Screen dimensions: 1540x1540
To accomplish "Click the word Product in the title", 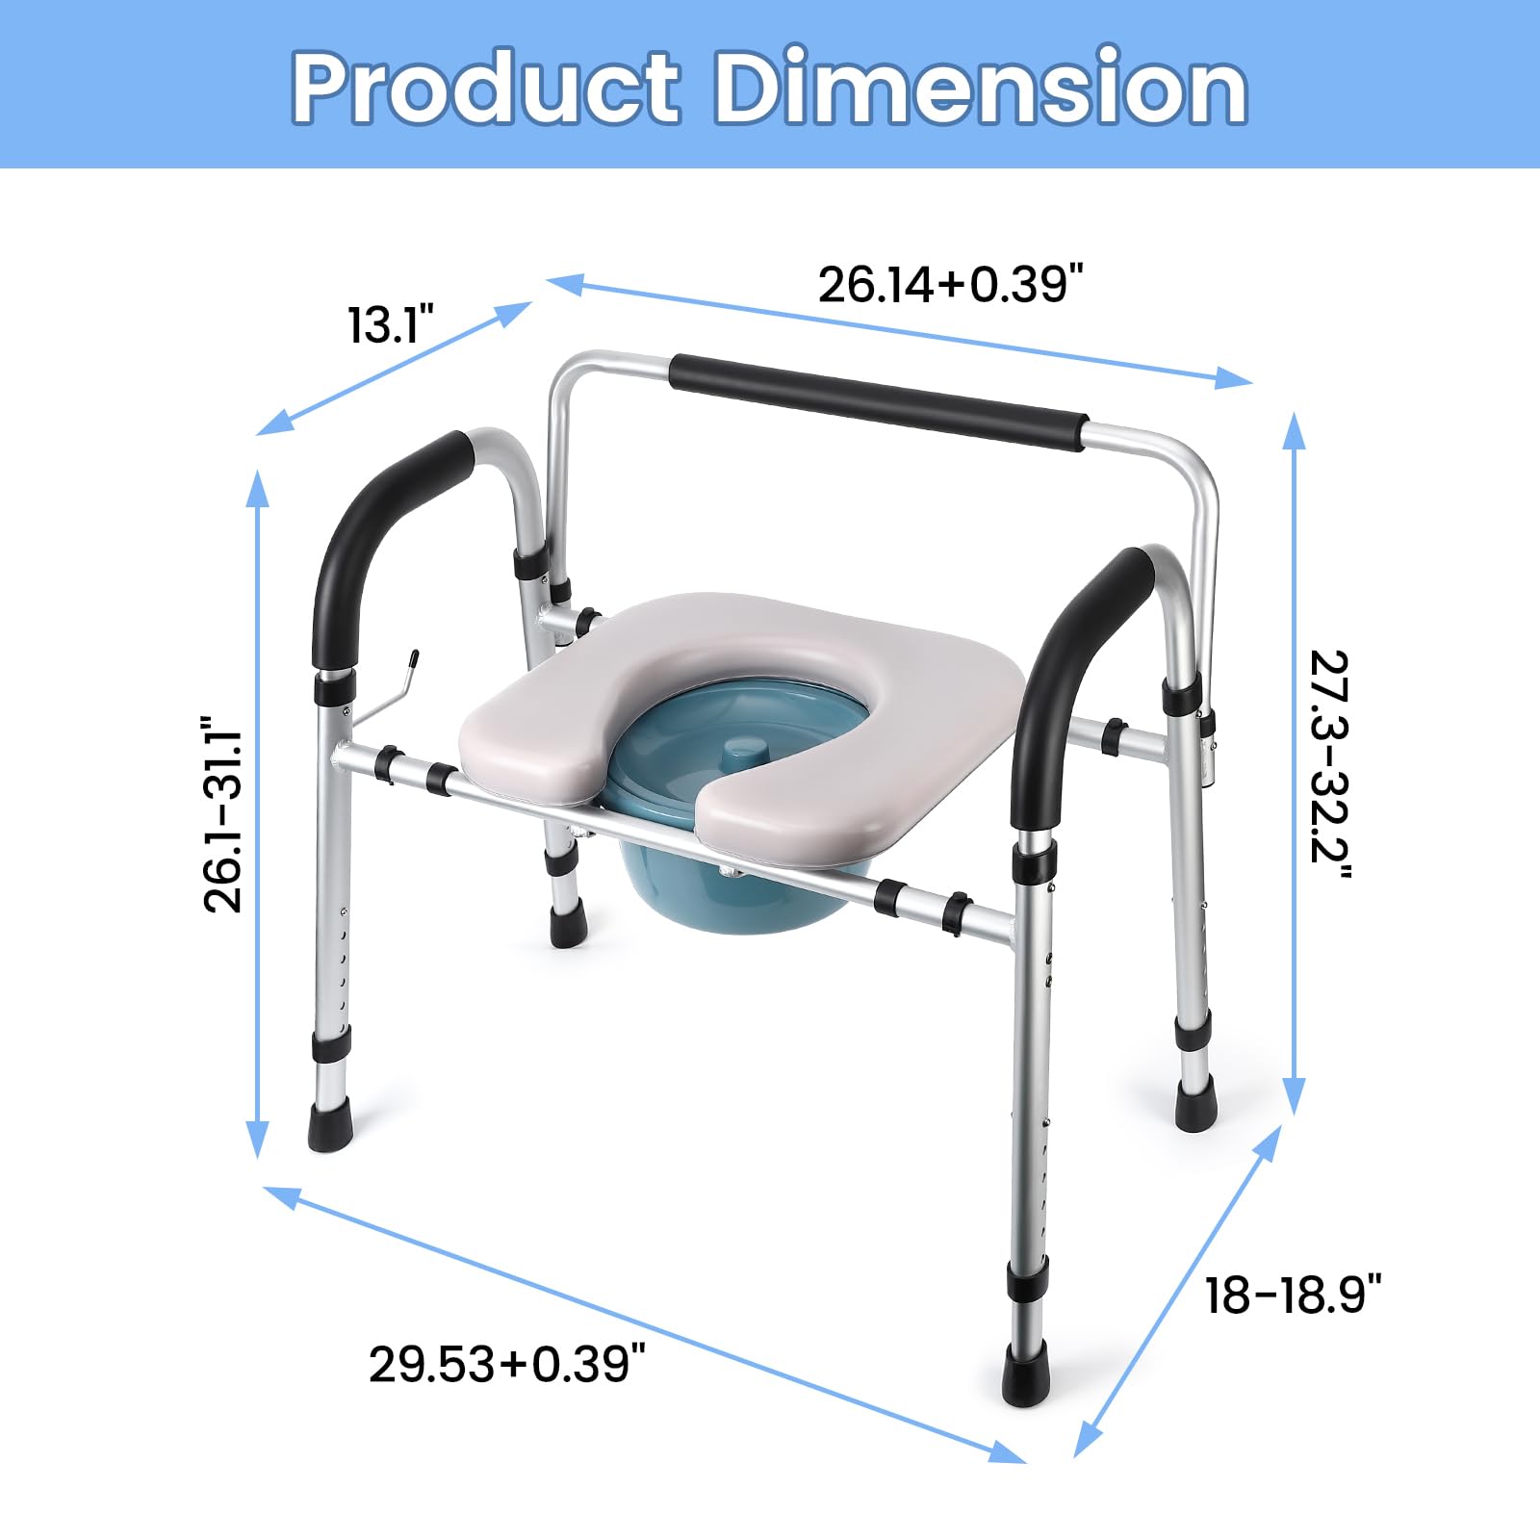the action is coord(486,88).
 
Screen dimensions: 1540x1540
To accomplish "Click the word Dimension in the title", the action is coord(981,88).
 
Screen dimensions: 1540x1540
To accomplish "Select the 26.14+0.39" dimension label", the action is coord(951,285).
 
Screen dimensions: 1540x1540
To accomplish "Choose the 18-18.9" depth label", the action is coord(1293,1295).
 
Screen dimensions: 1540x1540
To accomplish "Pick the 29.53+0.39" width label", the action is coord(506,1364).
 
